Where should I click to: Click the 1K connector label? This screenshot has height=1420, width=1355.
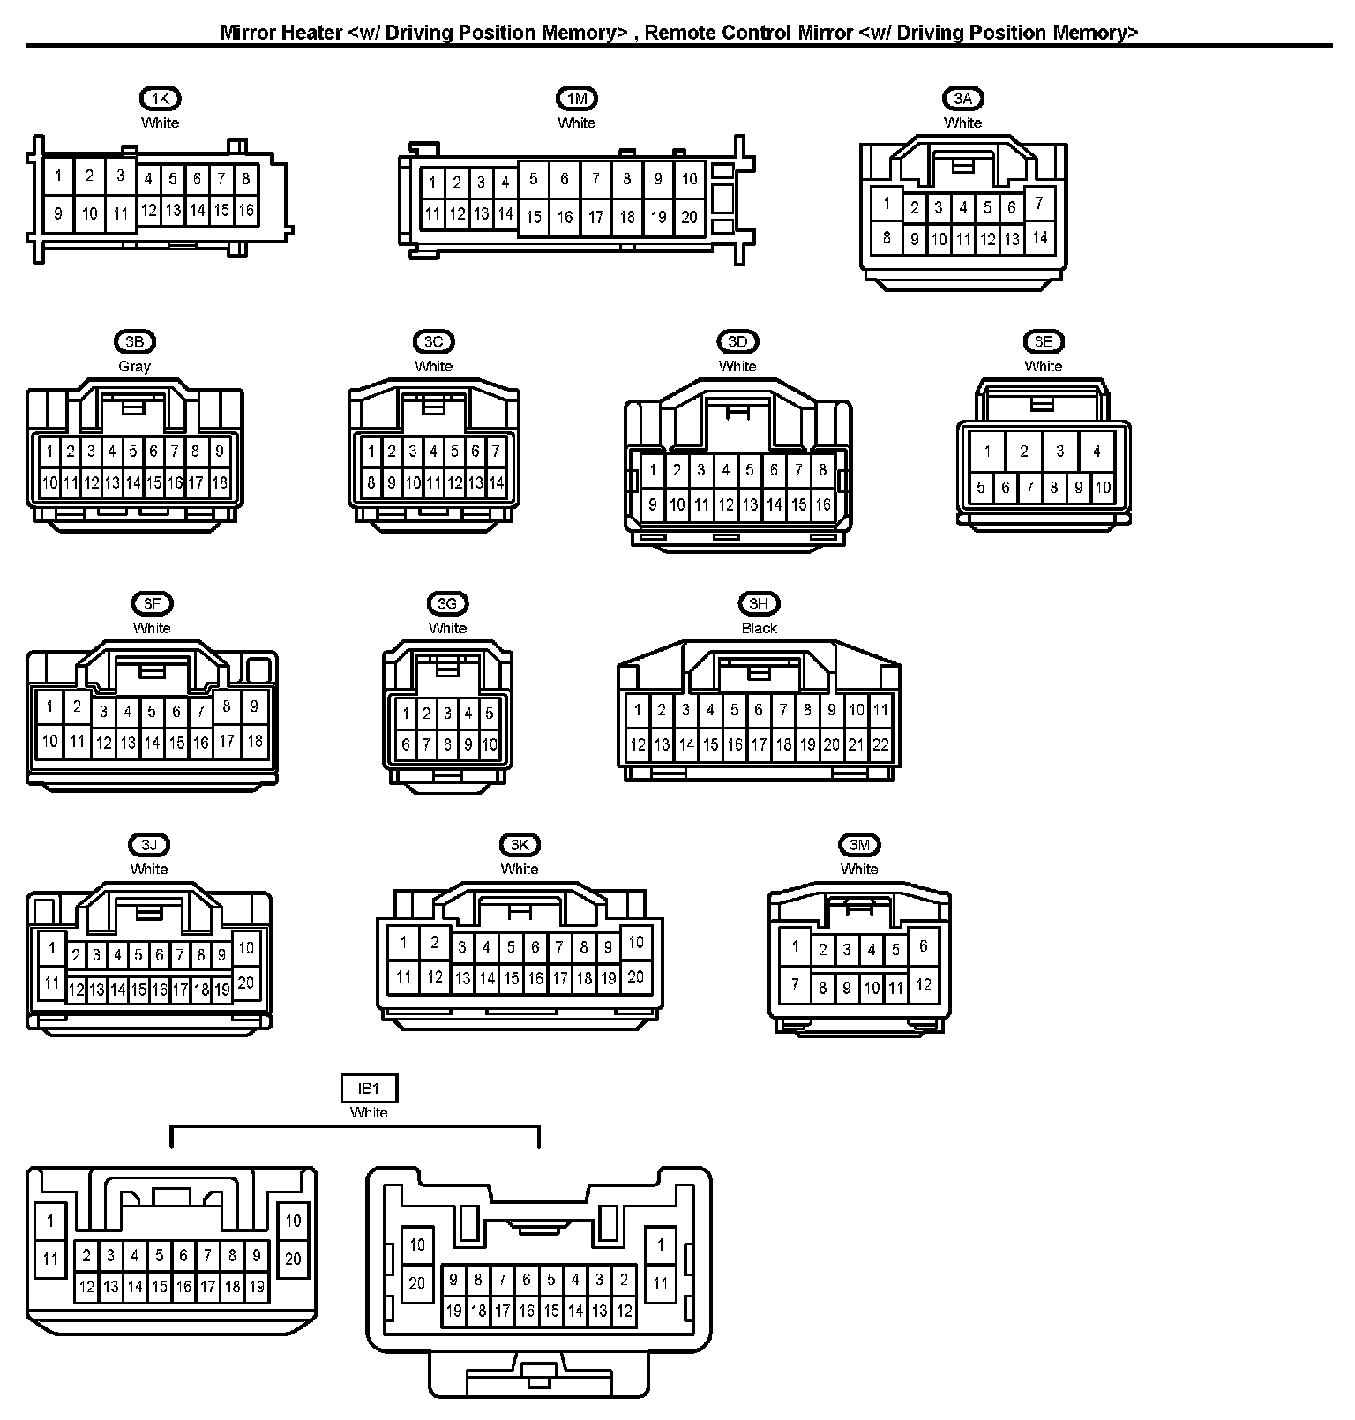click(160, 99)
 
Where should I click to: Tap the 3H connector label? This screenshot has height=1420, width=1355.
click(759, 603)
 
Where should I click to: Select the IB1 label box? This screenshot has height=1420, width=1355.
click(369, 1088)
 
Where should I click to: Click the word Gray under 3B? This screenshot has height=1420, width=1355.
click(134, 366)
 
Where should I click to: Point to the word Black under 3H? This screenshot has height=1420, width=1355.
click(759, 628)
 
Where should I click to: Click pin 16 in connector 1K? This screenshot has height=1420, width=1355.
click(246, 210)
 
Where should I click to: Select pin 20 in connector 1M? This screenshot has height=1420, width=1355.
click(689, 216)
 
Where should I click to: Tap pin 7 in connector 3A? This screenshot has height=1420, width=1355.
click(1039, 204)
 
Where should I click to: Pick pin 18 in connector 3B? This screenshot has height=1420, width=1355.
click(219, 482)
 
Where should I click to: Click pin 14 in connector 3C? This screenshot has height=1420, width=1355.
click(496, 482)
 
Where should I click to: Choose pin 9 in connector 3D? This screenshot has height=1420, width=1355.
click(653, 504)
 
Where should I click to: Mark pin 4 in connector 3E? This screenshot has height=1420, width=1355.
click(1097, 451)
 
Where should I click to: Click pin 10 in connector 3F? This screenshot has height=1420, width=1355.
click(50, 741)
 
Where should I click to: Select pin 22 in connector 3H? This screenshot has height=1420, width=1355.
click(880, 744)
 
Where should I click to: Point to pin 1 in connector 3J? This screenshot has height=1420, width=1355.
click(52, 948)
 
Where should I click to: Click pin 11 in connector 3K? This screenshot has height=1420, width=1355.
click(403, 976)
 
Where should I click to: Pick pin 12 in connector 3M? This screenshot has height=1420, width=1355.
click(923, 984)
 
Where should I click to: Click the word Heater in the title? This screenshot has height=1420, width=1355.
click(309, 33)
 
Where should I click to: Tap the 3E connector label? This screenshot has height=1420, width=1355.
click(1044, 341)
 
